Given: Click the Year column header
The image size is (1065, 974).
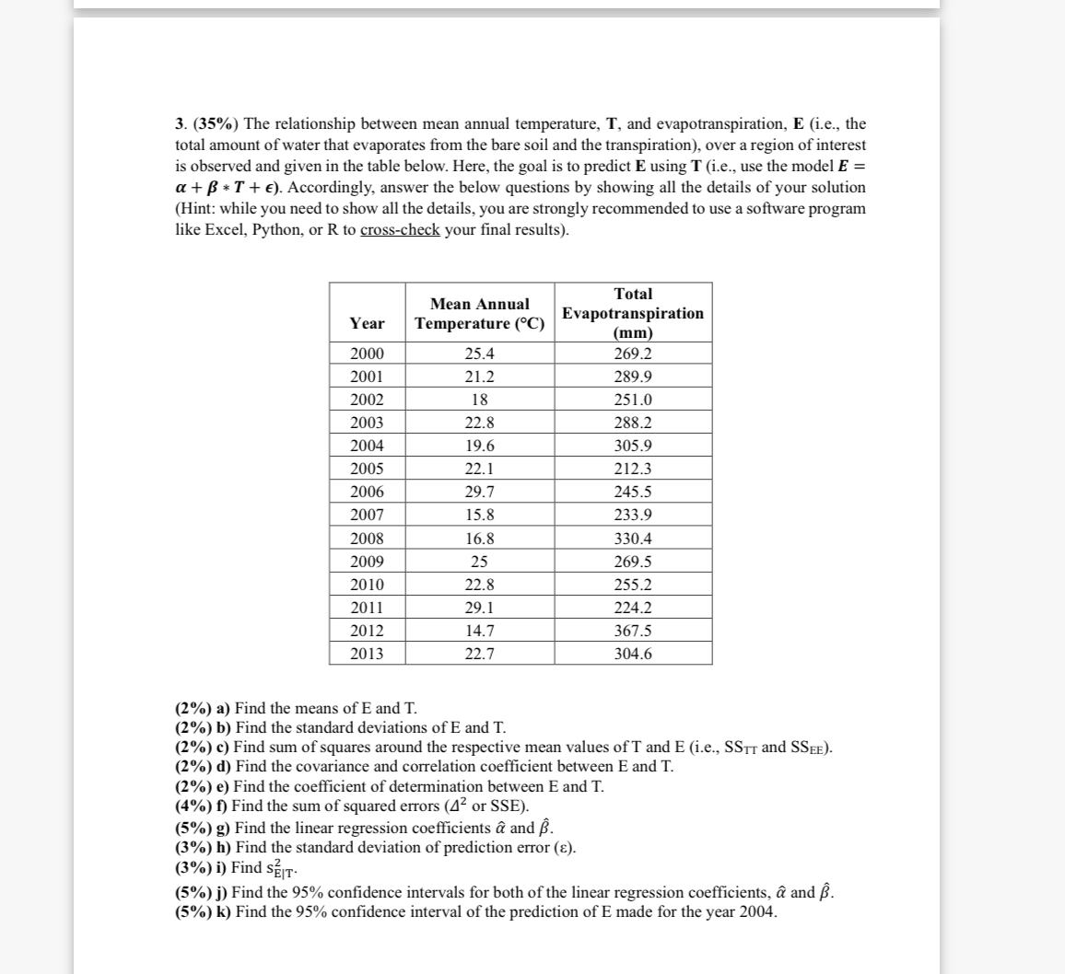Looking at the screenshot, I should click(368, 323).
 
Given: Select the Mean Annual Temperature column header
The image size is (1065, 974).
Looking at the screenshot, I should click(479, 313).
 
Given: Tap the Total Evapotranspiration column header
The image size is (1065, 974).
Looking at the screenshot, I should click(633, 313).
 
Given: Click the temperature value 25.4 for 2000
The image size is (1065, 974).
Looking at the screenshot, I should click(479, 354).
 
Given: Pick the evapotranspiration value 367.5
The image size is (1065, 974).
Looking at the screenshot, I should click(633, 631).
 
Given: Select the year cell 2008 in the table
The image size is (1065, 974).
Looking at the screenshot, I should click(368, 539).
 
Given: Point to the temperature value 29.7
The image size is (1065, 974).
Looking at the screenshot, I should click(479, 492).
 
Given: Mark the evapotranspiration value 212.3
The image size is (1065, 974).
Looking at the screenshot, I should click(633, 469).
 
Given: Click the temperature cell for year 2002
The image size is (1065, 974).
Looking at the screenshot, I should click(479, 400).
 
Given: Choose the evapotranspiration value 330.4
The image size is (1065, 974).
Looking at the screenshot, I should click(633, 539).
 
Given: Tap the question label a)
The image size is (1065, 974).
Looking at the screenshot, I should click(223, 708).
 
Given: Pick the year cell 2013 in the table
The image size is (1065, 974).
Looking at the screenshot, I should click(368, 654).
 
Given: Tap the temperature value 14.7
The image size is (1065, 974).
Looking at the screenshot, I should click(479, 631).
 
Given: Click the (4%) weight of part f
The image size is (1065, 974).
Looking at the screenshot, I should click(193, 806).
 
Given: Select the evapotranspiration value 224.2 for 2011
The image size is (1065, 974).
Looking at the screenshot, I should click(633, 608).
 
